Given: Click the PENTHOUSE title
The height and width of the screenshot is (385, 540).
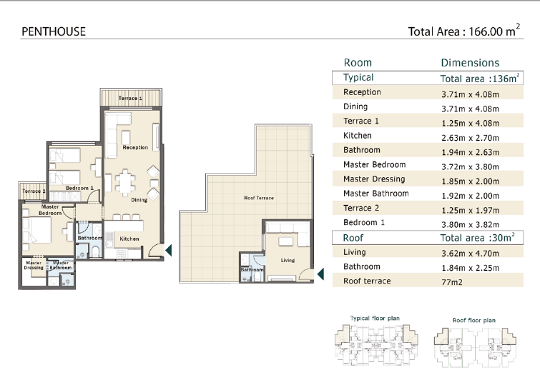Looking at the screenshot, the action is click(x=54, y=31).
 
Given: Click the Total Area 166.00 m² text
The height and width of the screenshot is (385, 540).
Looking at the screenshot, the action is click(x=464, y=30).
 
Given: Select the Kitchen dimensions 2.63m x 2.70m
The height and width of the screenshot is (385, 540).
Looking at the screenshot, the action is click(x=470, y=138).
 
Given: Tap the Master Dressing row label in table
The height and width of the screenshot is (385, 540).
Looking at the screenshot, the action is click(x=374, y=179).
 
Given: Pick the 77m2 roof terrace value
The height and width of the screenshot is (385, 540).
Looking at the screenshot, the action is click(x=452, y=282).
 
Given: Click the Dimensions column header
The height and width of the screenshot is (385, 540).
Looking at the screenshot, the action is click(x=470, y=63).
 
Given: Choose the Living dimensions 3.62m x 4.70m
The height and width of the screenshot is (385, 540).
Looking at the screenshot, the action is click(x=470, y=254).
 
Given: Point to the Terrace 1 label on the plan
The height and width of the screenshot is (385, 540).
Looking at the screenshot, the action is click(x=130, y=98).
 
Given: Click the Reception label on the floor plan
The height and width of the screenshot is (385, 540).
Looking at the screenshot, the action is click(x=135, y=147).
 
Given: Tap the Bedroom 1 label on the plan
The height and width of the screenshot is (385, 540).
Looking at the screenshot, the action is click(x=79, y=188).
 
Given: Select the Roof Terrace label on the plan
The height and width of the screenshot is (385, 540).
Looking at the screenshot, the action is click(x=259, y=198).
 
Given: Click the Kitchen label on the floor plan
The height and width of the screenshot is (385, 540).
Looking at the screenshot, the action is click(x=129, y=239).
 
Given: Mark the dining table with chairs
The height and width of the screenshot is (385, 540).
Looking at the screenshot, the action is click(x=125, y=182).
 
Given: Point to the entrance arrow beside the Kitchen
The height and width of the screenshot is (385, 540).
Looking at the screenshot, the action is click(x=168, y=250).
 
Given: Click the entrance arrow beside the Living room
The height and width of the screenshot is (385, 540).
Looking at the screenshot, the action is click(x=320, y=274).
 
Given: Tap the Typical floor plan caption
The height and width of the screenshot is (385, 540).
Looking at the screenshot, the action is click(x=375, y=319).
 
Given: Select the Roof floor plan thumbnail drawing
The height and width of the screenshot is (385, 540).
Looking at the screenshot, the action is click(x=475, y=347).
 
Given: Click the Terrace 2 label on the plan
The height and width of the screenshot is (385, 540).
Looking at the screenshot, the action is click(x=34, y=191).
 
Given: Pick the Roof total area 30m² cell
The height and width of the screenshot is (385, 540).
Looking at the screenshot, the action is click(x=477, y=237).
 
